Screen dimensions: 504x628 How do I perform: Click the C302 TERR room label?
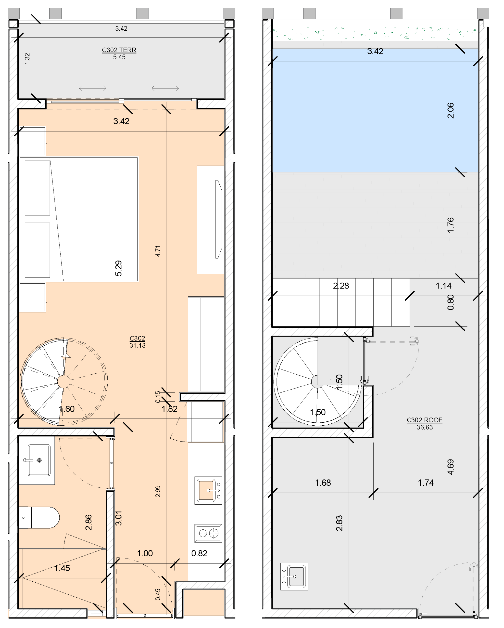pos(119,50)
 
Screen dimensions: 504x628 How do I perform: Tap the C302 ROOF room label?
pos(424,420)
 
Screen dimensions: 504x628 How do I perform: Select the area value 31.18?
pos(137,345)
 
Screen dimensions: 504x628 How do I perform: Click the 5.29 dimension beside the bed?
pos(118,268)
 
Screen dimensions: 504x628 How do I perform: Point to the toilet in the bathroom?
pos(39,518)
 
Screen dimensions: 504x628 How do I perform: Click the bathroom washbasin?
pos(39,460)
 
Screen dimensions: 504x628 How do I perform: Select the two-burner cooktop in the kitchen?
pos(208,533)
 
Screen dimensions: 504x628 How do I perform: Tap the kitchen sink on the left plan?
pos(208,491)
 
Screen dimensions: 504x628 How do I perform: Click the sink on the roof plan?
pos(294,576)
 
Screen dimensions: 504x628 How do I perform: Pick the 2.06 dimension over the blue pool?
pos(450,110)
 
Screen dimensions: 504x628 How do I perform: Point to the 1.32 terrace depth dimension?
pos(27,59)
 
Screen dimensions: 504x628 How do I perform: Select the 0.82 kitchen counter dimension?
pos(199,553)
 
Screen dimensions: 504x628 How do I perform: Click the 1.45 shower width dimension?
pos(62,568)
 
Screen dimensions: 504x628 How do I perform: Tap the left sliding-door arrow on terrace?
pos(92,88)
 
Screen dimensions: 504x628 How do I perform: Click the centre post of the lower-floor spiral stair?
pos(63,381)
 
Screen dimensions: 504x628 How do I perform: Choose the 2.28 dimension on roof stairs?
pos(341,286)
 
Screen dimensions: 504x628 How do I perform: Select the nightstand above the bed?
pos(32,141)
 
